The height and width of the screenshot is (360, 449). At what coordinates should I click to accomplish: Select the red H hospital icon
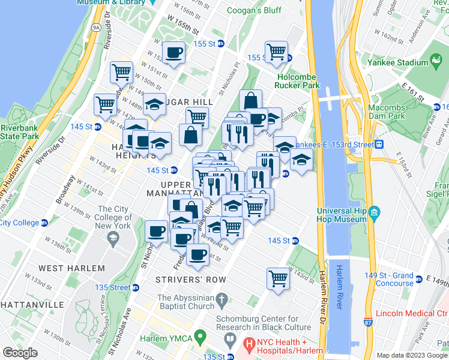point(249,346)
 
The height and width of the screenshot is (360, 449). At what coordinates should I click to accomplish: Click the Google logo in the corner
point(20,353)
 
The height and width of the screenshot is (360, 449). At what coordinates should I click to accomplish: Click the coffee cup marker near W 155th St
point(173,52)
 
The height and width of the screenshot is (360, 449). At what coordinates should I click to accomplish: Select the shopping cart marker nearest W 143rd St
point(279,278)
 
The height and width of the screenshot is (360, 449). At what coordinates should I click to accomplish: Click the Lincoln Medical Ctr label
point(412,313)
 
